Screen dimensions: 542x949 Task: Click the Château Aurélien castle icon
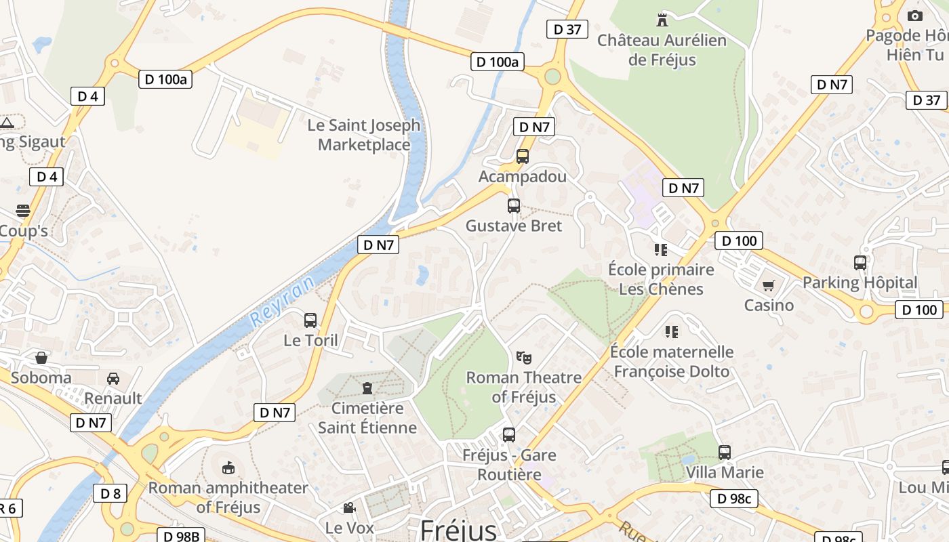click(662, 20)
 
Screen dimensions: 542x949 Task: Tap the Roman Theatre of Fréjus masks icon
click(523, 357)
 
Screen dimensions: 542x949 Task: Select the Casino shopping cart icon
click(768, 286)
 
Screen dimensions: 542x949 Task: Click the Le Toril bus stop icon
click(310, 320)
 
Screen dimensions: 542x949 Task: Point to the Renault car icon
click(113, 378)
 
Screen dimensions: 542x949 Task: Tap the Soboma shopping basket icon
click(41, 357)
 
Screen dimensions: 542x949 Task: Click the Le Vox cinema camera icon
click(349, 507)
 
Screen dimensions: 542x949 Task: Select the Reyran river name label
click(282, 301)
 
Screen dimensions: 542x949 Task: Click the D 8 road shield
click(110, 493)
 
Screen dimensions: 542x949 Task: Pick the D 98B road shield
click(181, 536)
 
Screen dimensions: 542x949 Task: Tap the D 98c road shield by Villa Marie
click(734, 499)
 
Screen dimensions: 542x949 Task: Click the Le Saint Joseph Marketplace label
click(364, 135)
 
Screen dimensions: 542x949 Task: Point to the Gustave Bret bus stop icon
click(514, 206)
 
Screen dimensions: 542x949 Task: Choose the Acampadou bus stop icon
click(522, 157)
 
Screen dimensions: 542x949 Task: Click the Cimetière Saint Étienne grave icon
click(367, 388)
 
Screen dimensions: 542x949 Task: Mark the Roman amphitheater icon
click(228, 467)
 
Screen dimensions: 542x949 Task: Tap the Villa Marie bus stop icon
click(725, 452)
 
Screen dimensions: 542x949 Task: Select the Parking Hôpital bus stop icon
click(860, 262)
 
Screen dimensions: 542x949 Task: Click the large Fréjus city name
click(459, 529)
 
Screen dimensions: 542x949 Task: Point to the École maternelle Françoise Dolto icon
click(672, 331)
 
